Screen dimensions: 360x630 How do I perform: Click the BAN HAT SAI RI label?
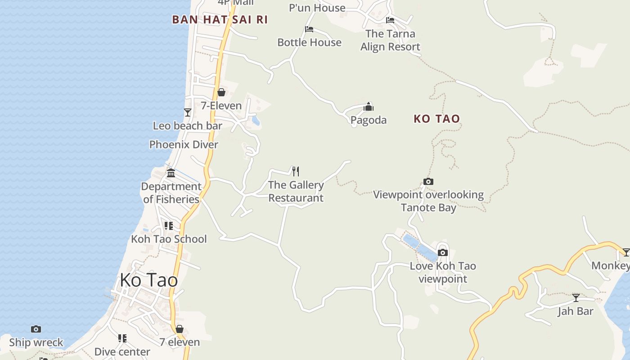[220, 19]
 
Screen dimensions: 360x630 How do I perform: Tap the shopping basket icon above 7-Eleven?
[221, 92]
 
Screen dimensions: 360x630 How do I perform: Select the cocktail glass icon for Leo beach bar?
[188, 112]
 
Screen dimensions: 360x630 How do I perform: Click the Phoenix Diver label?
[184, 144]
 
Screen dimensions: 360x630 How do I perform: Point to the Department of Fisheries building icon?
[171, 173]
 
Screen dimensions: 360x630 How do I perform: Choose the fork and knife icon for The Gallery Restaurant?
[295, 171]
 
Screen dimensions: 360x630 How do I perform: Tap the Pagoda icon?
[369, 107]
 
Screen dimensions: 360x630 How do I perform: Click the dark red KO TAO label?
[436, 119]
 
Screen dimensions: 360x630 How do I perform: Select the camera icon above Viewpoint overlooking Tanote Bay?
[428, 182]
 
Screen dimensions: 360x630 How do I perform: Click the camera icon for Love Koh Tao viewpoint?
[443, 252]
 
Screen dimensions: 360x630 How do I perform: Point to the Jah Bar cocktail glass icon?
[576, 297]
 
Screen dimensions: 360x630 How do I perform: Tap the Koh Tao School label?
[169, 239]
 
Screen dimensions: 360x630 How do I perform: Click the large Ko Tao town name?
[148, 280]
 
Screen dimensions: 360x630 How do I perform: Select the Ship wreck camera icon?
[36, 329]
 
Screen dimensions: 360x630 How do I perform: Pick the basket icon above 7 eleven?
[180, 329]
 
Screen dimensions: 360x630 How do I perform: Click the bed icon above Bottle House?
[309, 29]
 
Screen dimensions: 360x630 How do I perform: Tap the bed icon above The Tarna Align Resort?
[390, 20]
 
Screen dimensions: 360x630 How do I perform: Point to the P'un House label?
[317, 8]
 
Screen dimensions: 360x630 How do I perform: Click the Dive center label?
[122, 351]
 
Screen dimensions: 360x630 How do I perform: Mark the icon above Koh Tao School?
[168, 225]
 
